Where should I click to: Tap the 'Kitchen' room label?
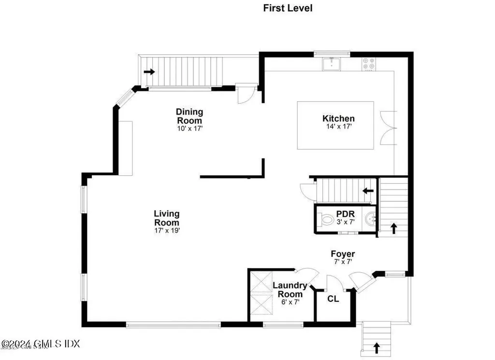[x=338, y=119]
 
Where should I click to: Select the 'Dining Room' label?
[x=189, y=116]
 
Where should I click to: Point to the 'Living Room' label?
[x=167, y=218]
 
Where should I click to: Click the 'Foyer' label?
[x=343, y=254]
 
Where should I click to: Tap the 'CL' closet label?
[x=333, y=299]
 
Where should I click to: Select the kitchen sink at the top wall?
[x=332, y=63]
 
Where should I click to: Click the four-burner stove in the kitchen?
[x=369, y=64]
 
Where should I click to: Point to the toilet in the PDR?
[x=328, y=220]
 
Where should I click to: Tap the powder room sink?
[x=370, y=219]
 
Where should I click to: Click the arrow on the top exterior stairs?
[x=149, y=72]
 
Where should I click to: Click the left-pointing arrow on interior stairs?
[x=368, y=191]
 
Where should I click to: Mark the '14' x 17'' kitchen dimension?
[x=338, y=127]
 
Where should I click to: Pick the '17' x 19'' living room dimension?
[x=167, y=230]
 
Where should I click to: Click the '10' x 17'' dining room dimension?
[x=189, y=129]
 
